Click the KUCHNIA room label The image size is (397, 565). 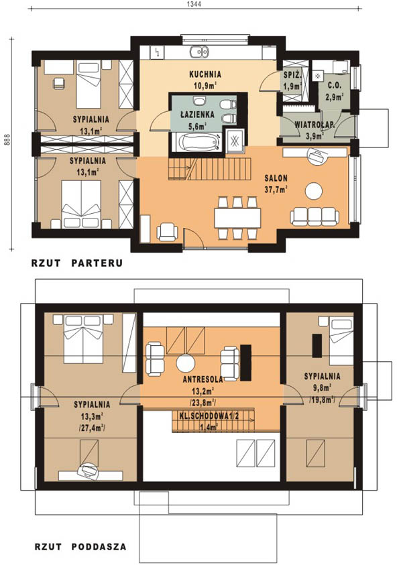pos(205,74)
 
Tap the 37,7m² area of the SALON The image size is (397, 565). pos(276,190)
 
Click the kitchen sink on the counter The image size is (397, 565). pos(199,52)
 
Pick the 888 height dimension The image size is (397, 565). pos(6,140)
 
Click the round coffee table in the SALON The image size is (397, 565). pos(314,191)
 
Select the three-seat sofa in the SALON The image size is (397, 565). pos(315,216)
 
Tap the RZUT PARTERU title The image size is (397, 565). pos(77,263)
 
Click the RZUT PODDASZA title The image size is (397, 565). pos(80,547)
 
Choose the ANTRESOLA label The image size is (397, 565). pos(203,379)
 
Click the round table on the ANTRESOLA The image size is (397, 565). pos(186,363)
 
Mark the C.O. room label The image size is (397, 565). pos(335,86)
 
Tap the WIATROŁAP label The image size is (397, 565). pos(315,125)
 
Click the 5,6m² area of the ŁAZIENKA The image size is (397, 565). pos(197,126)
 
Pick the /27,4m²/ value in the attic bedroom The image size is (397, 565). pos(92,428)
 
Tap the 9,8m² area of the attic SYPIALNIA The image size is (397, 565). pos(323,388)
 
